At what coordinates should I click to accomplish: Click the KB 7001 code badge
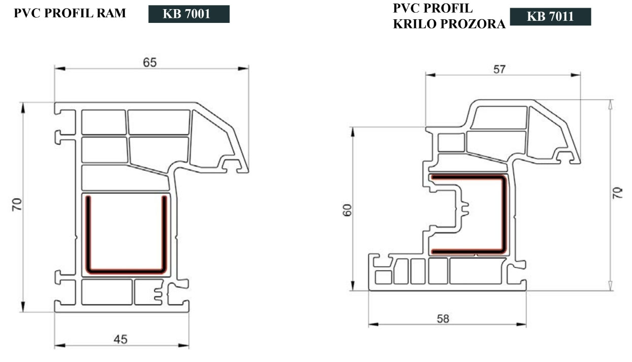[x=189, y=14]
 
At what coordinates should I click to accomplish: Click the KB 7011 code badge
[x=550, y=17]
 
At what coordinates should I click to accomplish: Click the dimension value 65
[x=150, y=63]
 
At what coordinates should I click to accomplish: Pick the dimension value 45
[x=120, y=339]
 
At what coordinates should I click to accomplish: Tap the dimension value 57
[x=500, y=70]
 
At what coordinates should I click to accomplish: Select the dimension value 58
[x=443, y=319]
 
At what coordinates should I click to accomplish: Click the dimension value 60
[x=347, y=210]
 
